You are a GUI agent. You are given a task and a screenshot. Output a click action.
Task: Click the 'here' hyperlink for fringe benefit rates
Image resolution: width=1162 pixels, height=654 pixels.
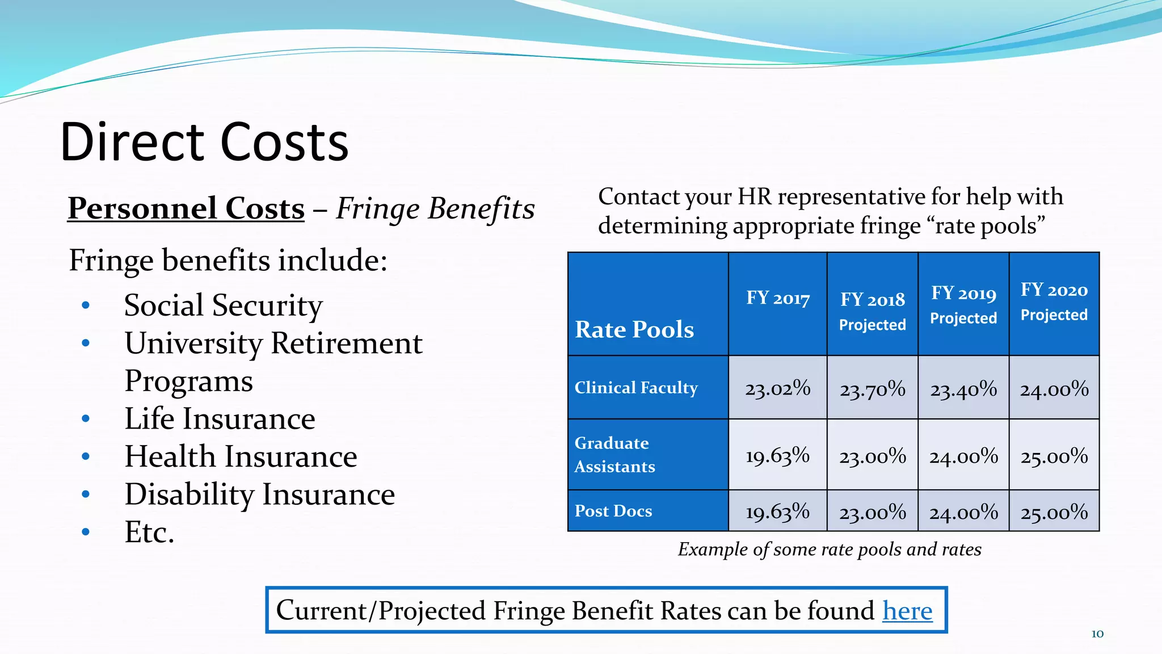pos(907,611)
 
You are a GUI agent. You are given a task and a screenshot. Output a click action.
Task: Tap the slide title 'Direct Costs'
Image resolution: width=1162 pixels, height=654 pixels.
pos(204,142)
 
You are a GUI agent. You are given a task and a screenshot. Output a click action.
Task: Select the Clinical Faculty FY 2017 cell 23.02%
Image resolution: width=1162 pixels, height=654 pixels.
pos(777,388)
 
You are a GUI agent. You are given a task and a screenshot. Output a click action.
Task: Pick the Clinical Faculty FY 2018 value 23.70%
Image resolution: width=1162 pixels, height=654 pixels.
pos(872,389)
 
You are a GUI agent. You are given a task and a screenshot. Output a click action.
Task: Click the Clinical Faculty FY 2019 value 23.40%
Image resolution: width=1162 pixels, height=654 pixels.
pos(963,389)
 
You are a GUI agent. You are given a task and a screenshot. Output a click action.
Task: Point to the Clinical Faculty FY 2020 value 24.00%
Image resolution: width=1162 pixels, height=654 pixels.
pos(1054,389)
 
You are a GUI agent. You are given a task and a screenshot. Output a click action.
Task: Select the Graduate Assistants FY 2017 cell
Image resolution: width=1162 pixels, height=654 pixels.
pos(777,455)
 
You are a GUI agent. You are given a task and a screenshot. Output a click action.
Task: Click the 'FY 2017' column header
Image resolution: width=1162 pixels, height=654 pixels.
pos(777,298)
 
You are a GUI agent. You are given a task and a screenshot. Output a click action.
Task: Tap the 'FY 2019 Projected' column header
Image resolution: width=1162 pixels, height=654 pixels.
pos(963,305)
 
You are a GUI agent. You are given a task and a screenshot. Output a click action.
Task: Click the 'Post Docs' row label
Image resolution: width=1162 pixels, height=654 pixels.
pos(613,511)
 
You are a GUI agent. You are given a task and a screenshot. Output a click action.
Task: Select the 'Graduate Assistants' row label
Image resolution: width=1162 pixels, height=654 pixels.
pos(614,455)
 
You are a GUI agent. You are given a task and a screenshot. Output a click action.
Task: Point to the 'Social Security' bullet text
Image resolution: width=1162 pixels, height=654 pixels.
pos(223,305)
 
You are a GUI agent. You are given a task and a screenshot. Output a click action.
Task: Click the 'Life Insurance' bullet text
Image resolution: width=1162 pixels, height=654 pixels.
pos(220,419)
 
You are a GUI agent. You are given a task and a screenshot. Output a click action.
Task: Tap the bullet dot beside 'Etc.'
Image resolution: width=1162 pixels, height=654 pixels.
pos(86,533)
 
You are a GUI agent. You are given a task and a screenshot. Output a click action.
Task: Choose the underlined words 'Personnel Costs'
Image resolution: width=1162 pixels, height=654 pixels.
pos(186,208)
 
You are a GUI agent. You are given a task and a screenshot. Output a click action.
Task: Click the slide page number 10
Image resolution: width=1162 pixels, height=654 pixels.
pos(1097,634)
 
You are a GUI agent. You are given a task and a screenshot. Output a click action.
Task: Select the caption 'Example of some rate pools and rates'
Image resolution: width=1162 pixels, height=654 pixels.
pos(830,550)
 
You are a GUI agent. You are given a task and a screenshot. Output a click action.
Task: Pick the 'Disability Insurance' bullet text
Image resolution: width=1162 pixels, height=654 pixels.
pos(259,494)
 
